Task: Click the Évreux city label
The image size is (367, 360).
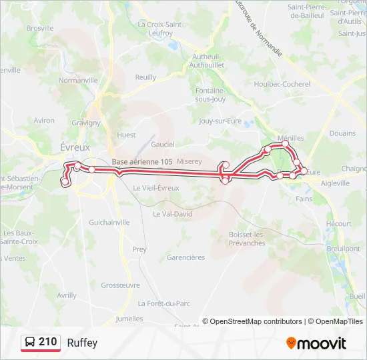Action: pos(75,147)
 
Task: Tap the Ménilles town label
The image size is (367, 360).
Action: pos(290,138)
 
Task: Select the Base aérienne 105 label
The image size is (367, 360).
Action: pos(142,162)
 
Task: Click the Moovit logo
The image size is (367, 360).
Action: pos(316,343)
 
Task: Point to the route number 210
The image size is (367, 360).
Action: pos(47,342)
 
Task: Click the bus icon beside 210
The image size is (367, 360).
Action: pos(30,343)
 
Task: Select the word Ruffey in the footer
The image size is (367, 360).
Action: pos(82,343)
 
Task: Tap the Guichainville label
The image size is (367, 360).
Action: pos(109,222)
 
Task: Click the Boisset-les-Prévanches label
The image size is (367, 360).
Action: pos(247,239)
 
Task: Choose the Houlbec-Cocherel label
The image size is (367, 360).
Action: pos(282,84)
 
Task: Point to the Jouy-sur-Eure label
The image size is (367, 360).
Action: pos(220,121)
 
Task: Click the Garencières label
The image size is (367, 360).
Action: pos(186,257)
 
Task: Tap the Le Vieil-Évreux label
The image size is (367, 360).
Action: pos(156,188)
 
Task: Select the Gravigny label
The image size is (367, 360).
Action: pos(86,123)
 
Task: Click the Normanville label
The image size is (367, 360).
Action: pos(78,80)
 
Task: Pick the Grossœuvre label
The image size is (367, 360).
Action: pos(120,285)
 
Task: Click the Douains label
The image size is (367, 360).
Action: pos(342,133)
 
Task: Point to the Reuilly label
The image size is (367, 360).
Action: pos(145,77)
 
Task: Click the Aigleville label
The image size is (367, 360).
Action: pos(336,183)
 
